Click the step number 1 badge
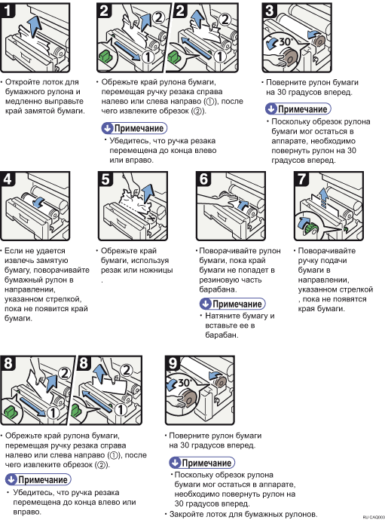[8, 10]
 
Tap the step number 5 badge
[105, 179]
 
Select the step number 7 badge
[301, 179]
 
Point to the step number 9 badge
[173, 362]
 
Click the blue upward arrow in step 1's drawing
[34, 26]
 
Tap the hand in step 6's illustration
[217, 200]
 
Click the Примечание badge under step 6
[233, 304]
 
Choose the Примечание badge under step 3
[298, 109]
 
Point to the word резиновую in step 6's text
[216, 280]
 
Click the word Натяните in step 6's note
[222, 316]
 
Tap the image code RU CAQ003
[374, 517]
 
